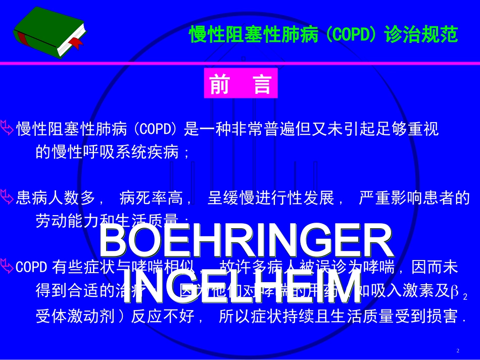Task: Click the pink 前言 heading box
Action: coord(241,83)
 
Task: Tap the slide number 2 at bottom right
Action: coord(458,350)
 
